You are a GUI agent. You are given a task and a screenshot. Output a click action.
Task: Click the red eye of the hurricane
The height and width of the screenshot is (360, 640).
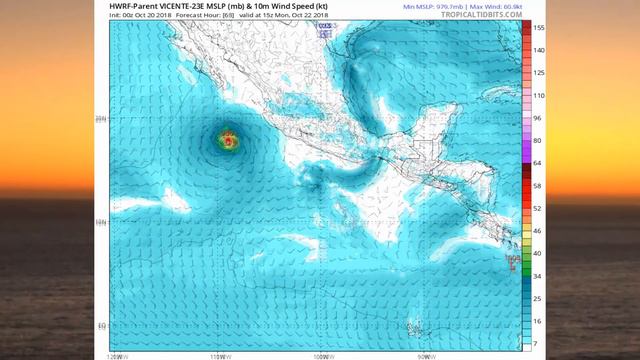230,143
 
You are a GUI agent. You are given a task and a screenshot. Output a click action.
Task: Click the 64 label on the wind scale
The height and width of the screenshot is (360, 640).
537,162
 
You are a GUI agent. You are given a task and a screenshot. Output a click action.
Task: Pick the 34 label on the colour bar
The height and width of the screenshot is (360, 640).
537,275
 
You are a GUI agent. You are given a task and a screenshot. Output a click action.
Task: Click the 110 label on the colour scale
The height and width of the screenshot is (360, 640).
538,95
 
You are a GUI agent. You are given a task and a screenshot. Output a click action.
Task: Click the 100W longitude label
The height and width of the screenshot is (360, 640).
322,356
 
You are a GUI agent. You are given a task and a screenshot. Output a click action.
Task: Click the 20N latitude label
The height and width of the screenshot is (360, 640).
101,118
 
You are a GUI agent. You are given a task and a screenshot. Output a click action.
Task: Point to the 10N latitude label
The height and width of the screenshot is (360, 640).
101,222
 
